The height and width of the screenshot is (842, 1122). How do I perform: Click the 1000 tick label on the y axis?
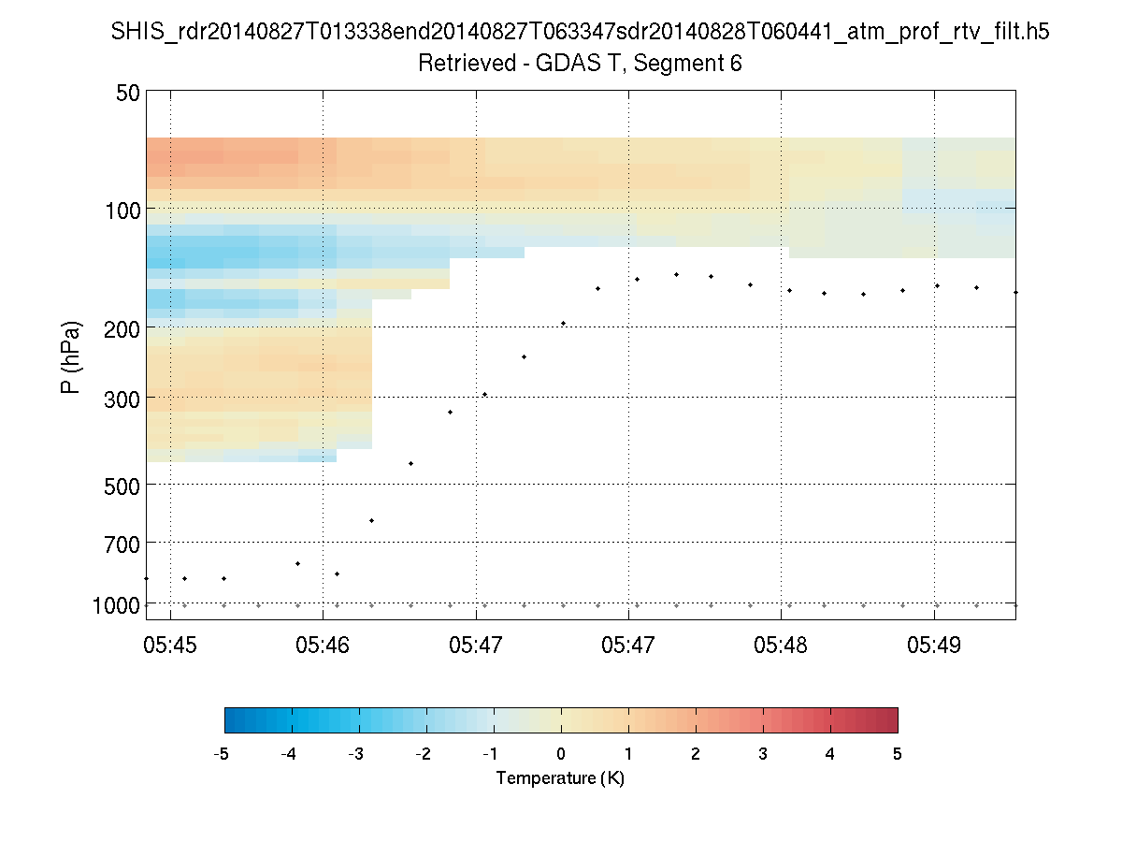click(118, 605)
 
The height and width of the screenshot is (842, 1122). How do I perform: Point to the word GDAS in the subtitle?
click(561, 64)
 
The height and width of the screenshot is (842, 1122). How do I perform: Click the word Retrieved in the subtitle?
click(464, 64)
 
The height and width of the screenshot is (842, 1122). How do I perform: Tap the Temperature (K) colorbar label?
click(560, 778)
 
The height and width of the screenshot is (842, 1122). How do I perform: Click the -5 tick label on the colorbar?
click(223, 754)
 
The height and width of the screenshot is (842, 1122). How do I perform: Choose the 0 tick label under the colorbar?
click(561, 754)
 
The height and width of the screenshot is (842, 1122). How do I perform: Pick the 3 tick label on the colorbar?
click(763, 754)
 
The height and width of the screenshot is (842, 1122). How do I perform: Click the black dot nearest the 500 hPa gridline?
click(410, 463)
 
